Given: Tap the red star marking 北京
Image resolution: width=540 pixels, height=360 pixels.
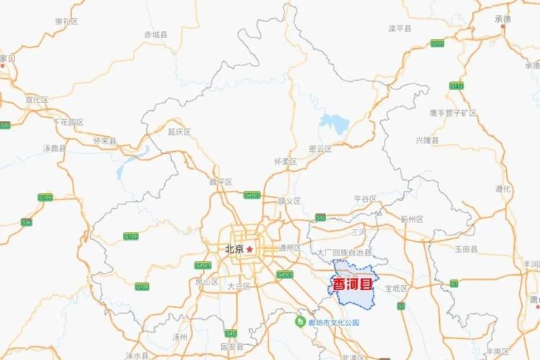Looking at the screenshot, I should click(x=250, y=249).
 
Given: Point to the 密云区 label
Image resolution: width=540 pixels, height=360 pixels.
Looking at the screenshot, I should click(x=320, y=148).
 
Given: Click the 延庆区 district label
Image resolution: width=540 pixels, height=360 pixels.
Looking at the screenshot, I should click(x=179, y=132).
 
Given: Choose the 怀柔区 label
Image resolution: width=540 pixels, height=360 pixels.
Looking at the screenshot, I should click(x=286, y=161).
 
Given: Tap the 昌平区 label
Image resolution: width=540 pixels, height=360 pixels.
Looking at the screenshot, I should click(x=220, y=181).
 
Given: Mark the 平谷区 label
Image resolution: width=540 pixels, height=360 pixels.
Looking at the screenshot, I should click(x=365, y=198).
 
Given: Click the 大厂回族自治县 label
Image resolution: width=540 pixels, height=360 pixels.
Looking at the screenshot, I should click(x=345, y=253).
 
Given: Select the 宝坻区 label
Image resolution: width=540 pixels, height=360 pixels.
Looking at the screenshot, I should click(x=395, y=288).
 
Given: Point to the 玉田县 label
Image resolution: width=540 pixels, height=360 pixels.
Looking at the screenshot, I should click(x=465, y=248).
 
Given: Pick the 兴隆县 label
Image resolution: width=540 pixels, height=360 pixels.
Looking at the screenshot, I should click(x=427, y=140).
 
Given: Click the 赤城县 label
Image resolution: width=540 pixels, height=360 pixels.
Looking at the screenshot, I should click(x=155, y=34).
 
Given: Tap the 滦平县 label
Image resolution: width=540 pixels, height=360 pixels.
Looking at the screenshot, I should click(x=400, y=28).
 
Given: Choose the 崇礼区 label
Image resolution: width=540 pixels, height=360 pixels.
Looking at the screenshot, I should click(x=66, y=21).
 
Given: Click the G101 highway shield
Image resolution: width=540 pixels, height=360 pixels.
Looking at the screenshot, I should click(x=437, y=43).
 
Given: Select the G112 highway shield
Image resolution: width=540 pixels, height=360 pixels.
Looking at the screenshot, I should click(x=456, y=86).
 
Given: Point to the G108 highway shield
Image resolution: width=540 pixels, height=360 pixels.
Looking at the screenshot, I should click(x=143, y=287).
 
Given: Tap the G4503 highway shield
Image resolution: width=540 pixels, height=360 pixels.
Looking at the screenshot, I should click(x=285, y=274).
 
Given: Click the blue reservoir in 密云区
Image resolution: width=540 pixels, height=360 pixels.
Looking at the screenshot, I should click(x=333, y=123).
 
